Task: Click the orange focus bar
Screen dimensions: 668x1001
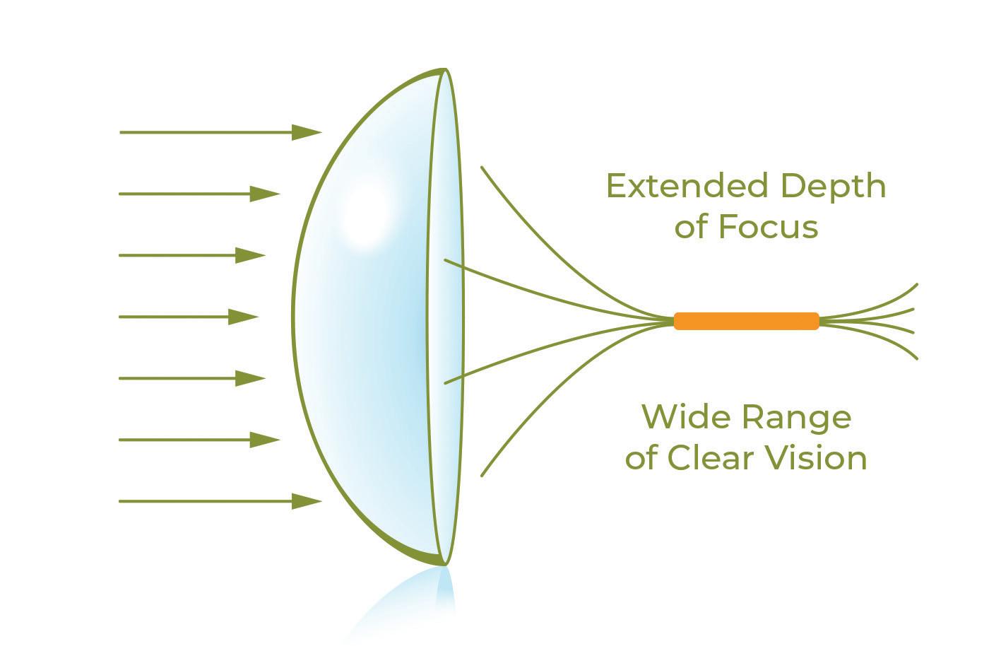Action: (x=746, y=321)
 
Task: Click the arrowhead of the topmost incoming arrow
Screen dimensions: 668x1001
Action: (x=307, y=132)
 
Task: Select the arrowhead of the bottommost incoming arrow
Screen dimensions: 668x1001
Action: (x=307, y=501)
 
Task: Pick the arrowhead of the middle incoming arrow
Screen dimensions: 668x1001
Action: (x=244, y=317)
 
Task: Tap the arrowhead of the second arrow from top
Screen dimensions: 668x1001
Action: (x=265, y=194)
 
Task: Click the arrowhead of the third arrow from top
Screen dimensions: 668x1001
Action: (x=250, y=255)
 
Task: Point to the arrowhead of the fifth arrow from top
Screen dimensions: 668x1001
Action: (x=250, y=378)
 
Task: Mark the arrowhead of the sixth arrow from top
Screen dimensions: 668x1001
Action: (x=265, y=440)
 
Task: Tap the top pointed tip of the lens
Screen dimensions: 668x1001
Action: (x=444, y=70)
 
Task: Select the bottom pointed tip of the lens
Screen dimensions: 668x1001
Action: (x=444, y=563)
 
